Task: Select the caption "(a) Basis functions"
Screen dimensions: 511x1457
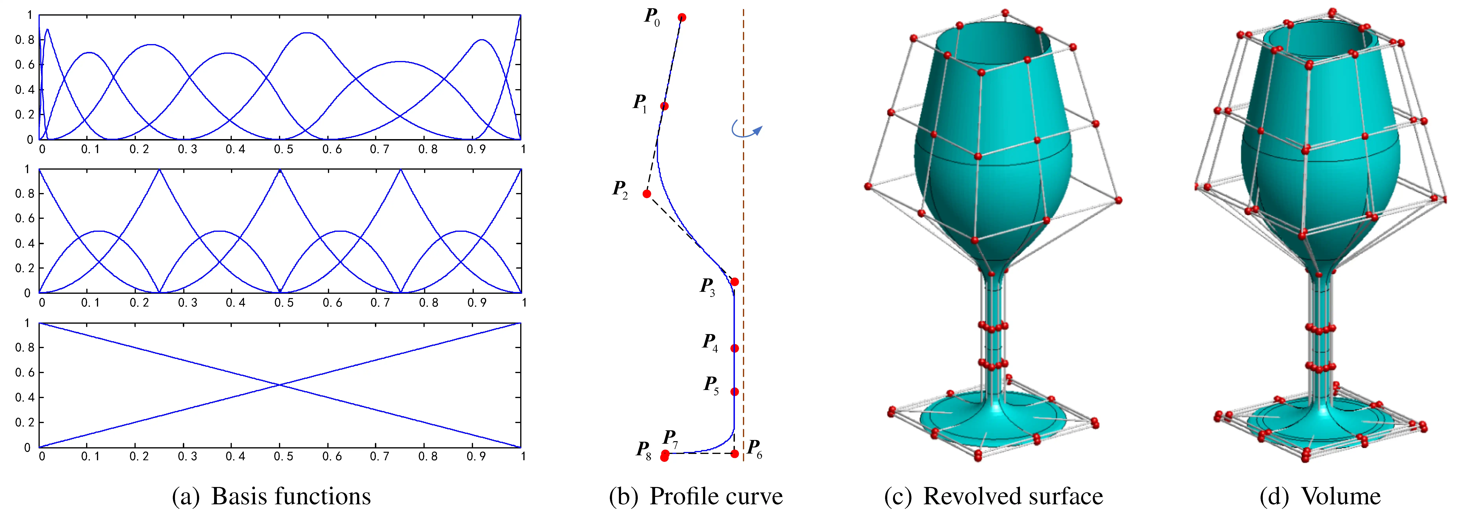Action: tap(272, 496)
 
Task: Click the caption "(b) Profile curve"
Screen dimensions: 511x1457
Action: tap(696, 496)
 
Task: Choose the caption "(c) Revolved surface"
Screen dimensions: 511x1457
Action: tap(993, 496)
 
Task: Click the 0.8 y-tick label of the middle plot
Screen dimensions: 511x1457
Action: tap(24, 194)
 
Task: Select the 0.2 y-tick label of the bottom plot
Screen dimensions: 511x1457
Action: tap(24, 422)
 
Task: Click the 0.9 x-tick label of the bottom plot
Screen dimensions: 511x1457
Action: tap(476, 456)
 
